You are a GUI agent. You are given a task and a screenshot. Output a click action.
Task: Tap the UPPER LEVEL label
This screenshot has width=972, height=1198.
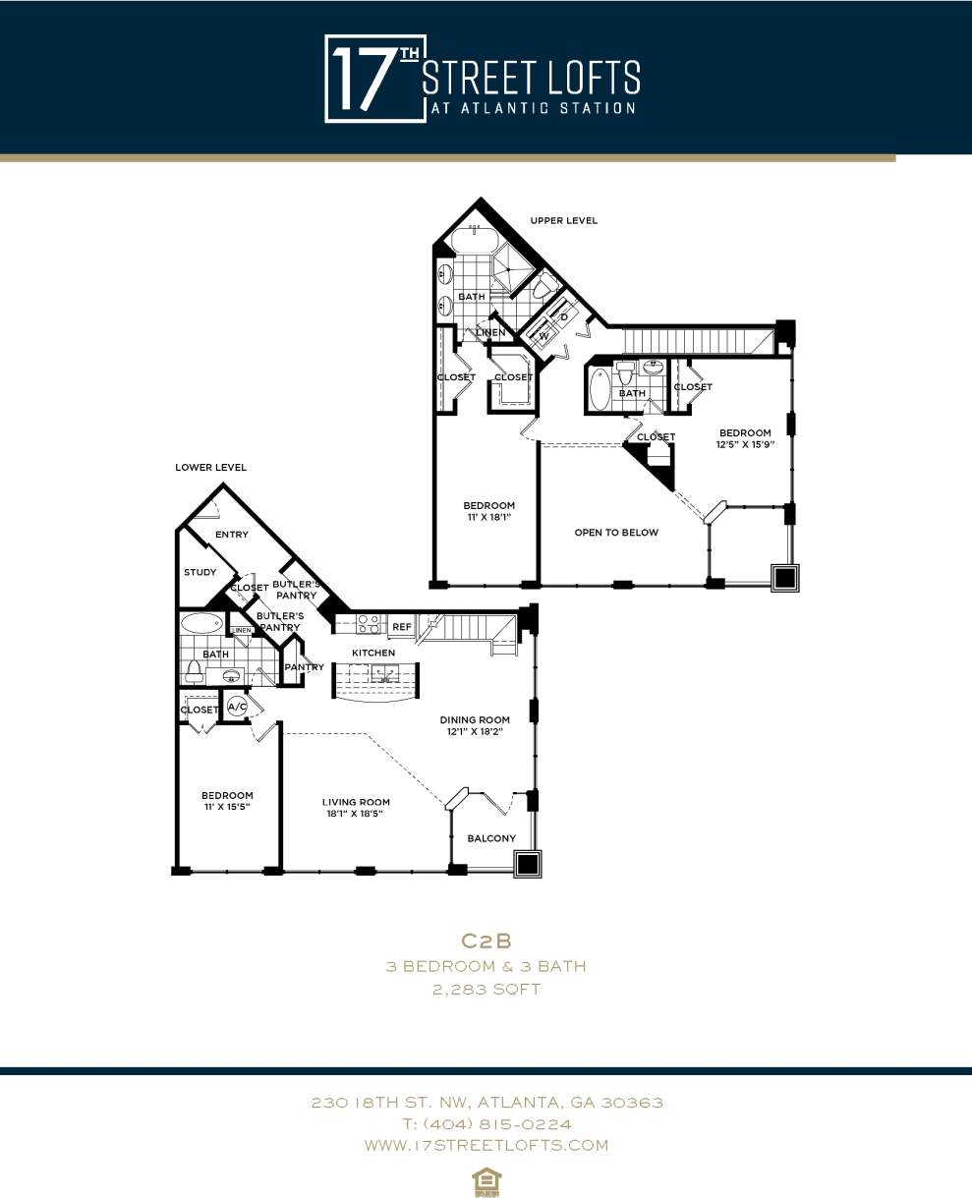click(563, 220)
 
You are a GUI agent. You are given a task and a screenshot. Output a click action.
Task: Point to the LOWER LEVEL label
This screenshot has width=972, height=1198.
click(210, 467)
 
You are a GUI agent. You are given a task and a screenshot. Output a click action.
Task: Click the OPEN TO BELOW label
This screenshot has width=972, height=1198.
click(616, 533)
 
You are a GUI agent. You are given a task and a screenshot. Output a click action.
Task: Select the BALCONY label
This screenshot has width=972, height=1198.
click(490, 838)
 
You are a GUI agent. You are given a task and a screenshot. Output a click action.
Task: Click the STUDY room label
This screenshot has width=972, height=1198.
click(200, 572)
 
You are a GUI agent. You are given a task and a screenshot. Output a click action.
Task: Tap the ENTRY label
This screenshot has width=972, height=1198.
click(232, 535)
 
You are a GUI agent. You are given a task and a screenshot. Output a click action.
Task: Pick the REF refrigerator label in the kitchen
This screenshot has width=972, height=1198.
click(401, 626)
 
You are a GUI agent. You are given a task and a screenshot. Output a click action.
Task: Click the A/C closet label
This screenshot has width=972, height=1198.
click(237, 707)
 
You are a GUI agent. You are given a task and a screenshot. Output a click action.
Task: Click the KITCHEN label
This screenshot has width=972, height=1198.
click(373, 653)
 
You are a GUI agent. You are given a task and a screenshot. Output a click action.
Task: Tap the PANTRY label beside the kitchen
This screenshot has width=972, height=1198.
click(304, 667)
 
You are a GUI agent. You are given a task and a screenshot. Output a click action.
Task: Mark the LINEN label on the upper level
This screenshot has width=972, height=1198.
click(490, 333)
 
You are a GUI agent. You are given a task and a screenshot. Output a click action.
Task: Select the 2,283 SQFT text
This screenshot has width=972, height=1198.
click(486, 990)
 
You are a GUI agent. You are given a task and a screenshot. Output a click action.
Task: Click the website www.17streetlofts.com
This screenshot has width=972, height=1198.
click(486, 1145)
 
